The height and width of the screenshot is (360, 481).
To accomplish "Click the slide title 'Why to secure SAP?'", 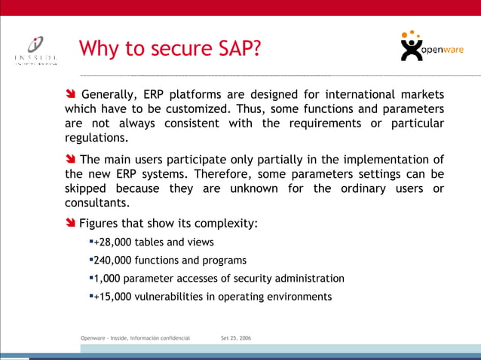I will coord(170,49).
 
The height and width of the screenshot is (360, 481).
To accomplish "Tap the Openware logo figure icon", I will coord(412,47).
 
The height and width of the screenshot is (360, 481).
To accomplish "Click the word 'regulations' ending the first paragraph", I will coord(96,139).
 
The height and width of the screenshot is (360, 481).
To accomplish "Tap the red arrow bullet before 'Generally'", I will coord(70,95).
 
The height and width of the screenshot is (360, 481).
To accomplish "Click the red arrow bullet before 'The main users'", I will coord(70,160).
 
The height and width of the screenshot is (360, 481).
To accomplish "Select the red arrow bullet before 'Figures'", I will coord(70,224).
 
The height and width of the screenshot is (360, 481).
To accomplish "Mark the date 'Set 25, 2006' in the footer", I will coord(236,339).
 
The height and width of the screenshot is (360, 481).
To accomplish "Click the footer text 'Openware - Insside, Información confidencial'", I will coord(135,339).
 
